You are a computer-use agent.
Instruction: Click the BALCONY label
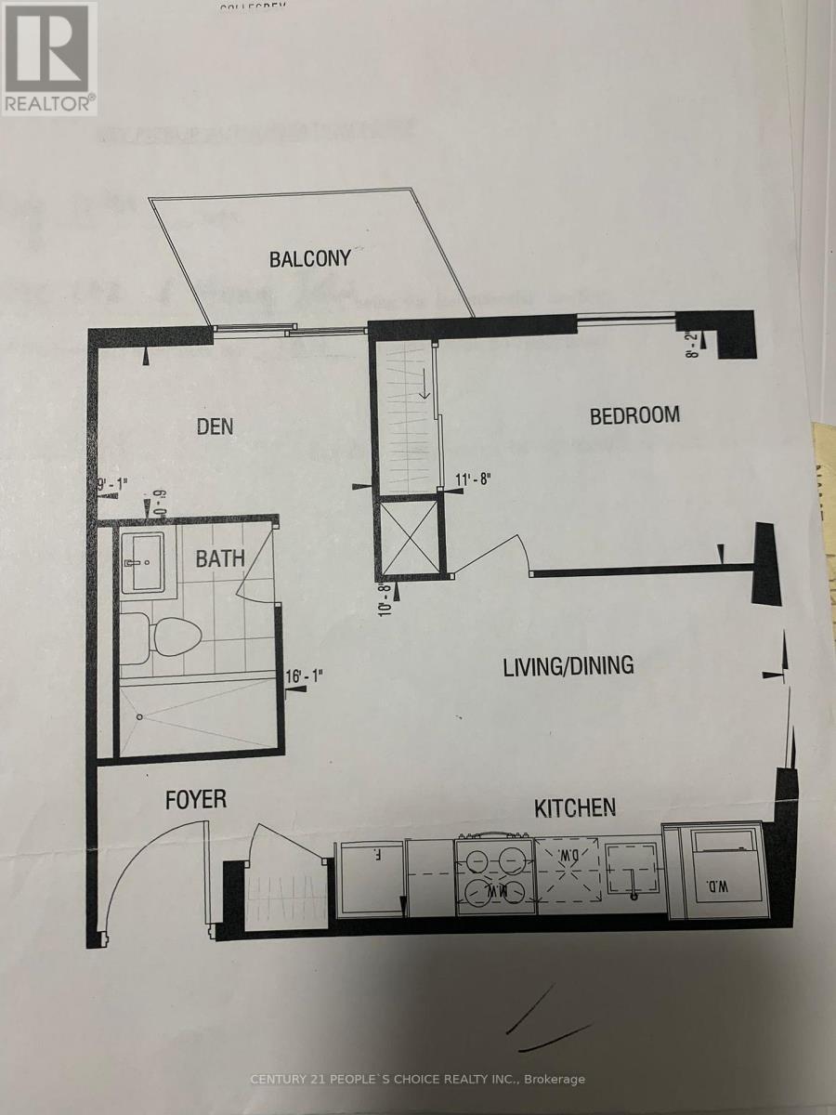click(310, 258)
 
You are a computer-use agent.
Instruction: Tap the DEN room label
click(215, 426)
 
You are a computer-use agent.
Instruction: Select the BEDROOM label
click(635, 415)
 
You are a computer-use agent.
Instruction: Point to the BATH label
click(220, 558)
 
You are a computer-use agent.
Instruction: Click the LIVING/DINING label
click(568, 666)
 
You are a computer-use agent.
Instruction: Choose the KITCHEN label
click(575, 807)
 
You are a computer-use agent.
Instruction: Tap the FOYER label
click(196, 800)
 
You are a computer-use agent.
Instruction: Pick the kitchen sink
click(633, 872)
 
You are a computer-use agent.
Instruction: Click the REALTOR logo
click(49, 58)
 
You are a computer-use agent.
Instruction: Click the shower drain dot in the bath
click(139, 717)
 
